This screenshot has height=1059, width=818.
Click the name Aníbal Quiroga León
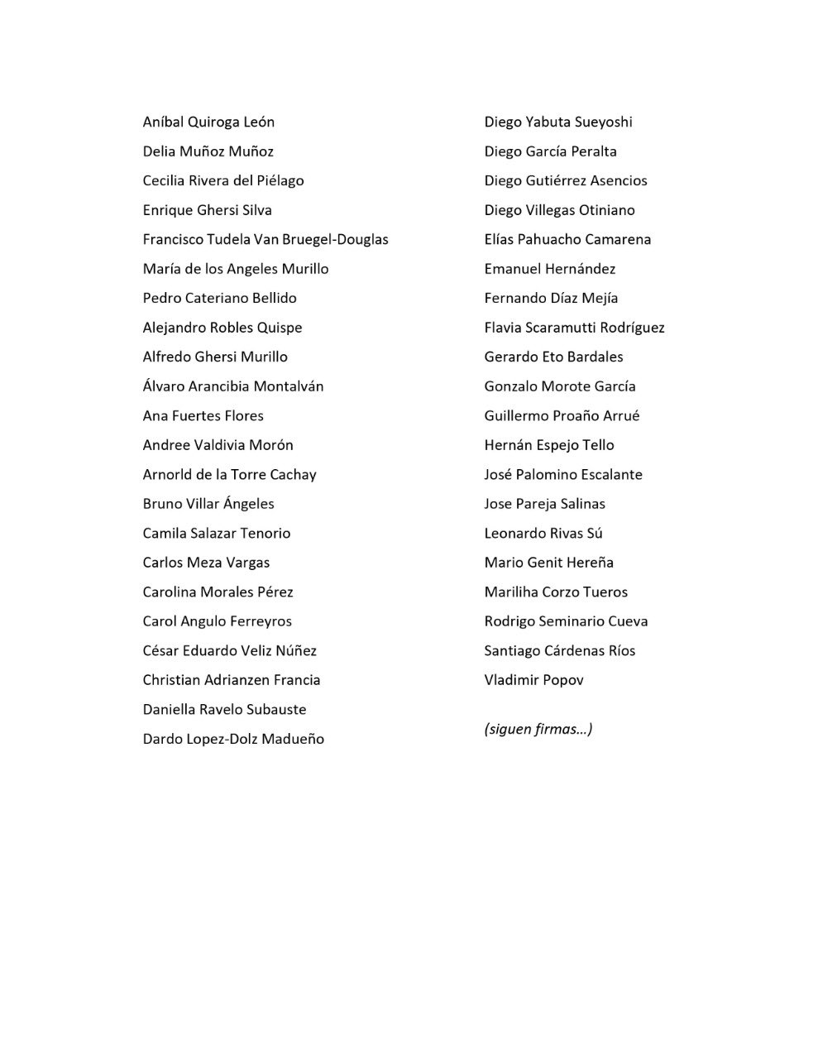[x=208, y=122]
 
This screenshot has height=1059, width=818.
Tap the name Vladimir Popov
[x=533, y=680]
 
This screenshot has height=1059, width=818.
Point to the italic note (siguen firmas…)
[x=538, y=729]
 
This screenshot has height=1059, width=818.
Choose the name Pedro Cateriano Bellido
[x=219, y=299]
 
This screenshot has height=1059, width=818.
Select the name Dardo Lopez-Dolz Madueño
[x=233, y=739]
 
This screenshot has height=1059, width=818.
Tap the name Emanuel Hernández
[x=549, y=269]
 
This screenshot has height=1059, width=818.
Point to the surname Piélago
[x=280, y=181]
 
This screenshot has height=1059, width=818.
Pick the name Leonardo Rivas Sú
[x=543, y=534]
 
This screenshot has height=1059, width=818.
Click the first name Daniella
[x=169, y=710]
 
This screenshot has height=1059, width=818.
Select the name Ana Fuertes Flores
[x=203, y=416]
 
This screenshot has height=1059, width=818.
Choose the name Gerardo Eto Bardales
[x=553, y=357]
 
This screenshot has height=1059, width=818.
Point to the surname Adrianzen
[x=232, y=680]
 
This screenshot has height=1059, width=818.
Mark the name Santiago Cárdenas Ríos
[x=559, y=651]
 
